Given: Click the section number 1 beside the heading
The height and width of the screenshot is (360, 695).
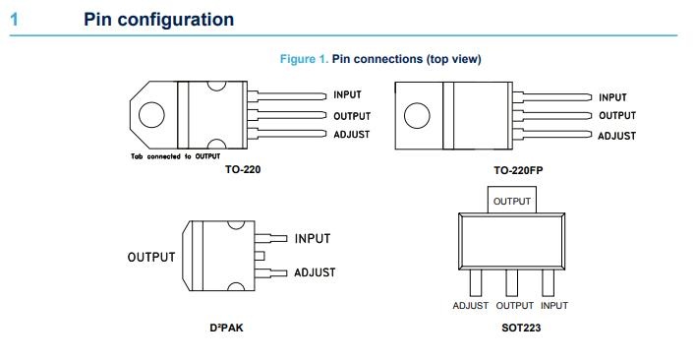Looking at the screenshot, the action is point(14,20).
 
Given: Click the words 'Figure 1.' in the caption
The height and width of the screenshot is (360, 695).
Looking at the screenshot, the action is point(304,59).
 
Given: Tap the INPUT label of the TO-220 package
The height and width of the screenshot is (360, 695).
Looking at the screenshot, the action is point(348,94).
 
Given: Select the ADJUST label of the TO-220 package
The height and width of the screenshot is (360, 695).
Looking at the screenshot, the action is point(352,135).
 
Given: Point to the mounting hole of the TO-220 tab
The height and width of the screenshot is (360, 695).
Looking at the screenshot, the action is point(151,115).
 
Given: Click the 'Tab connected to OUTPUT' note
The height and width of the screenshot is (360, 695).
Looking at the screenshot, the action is point(176,156).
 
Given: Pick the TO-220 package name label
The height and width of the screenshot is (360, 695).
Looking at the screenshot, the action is point(243,169).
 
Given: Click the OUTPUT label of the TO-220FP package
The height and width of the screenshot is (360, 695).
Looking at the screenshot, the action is point(617,116).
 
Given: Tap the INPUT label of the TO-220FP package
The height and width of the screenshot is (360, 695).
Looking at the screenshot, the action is point(613,97).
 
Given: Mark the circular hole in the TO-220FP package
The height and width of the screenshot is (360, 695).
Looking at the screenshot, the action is point(417,116).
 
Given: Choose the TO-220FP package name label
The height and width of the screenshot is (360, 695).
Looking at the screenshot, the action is point(518,170).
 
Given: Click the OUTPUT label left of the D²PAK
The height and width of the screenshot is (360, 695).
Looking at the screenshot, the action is point(151,257).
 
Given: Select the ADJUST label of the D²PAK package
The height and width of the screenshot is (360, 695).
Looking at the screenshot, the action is point(315,272).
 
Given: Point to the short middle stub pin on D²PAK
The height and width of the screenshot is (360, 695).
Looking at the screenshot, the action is point(260,256).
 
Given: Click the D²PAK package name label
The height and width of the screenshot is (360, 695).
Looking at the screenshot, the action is point(226,329).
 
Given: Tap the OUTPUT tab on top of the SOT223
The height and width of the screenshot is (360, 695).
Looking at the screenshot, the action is point(512,200).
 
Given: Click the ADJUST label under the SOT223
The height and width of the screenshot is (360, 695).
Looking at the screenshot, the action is point(471,306).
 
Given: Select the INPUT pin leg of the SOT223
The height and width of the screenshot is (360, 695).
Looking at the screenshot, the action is point(549,283).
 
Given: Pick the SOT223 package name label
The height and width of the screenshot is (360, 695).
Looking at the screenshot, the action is point(521,329).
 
